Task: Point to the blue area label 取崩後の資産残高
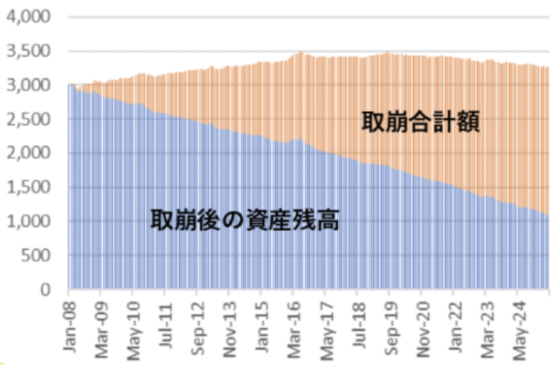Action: pos(245,219)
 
